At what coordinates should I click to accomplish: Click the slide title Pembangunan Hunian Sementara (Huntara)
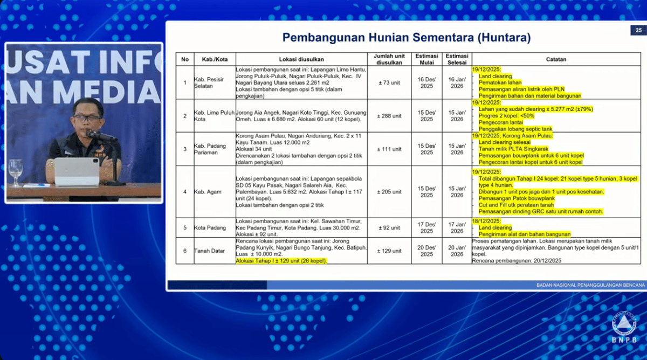[x=407, y=38]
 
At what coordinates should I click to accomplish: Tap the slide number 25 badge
[x=638, y=30]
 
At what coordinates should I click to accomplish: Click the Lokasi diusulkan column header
[x=301, y=59]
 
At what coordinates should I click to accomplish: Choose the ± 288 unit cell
[x=389, y=116]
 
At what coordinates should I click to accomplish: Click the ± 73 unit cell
[x=389, y=82]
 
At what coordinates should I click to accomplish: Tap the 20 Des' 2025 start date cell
[x=426, y=251]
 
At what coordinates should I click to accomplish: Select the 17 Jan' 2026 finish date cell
[x=457, y=227]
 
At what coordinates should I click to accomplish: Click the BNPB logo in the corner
[x=624, y=326]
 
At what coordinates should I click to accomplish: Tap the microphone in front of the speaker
[x=100, y=135]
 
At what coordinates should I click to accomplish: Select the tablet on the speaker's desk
[x=76, y=171]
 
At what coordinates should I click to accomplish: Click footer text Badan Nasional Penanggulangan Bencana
[x=590, y=285]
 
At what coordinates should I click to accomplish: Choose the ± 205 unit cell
[x=389, y=191]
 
